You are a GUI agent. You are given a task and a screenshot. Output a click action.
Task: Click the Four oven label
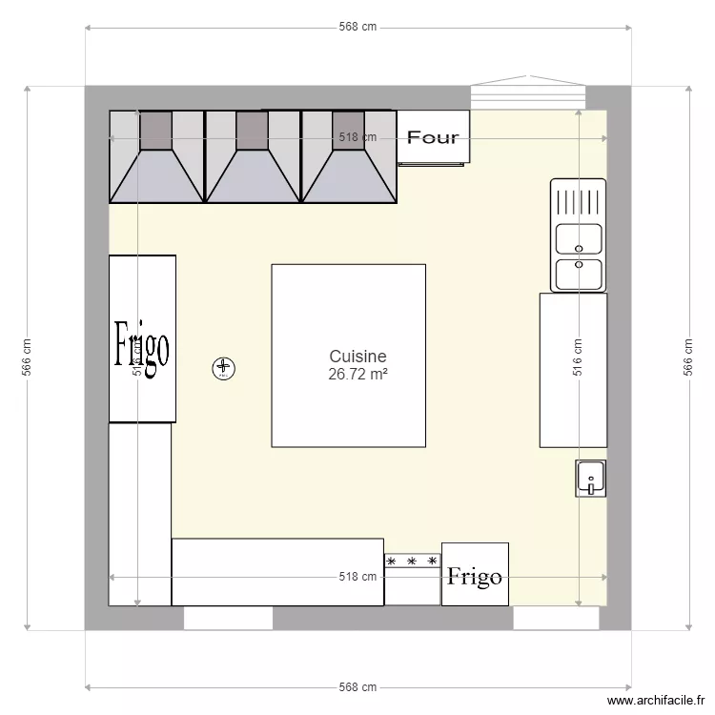tap(433, 137)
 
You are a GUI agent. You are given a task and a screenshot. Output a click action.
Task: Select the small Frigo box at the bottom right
tap(475, 575)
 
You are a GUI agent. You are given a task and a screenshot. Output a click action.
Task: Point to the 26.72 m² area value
tap(357, 375)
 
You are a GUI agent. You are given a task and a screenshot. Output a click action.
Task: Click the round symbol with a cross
tap(223, 367)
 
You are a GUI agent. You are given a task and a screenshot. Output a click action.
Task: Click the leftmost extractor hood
tap(157, 157)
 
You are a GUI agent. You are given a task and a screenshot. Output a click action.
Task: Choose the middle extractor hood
tap(253, 157)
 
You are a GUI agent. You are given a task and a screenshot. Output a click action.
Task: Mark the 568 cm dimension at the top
tap(357, 27)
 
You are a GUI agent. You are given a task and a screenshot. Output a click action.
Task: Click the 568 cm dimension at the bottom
tap(357, 687)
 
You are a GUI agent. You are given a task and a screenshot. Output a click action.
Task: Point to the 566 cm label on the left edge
tap(27, 357)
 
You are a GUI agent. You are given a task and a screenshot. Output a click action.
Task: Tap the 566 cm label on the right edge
tap(687, 357)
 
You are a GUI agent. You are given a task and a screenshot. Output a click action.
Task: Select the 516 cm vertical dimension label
tap(578, 357)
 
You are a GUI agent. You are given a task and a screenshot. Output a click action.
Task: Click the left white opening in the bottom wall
tap(228, 619)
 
